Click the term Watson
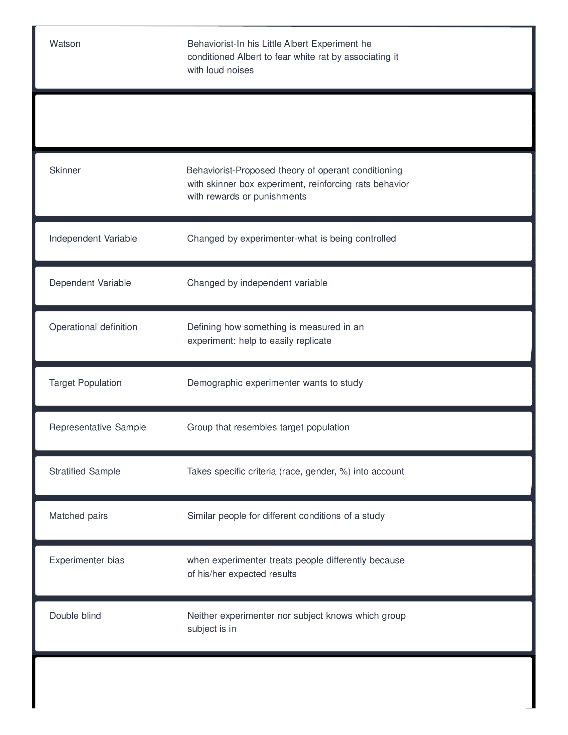[x=65, y=44]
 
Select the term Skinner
[x=65, y=170]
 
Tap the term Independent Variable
[x=93, y=239]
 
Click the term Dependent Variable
[x=90, y=283]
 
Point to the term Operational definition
[x=93, y=327]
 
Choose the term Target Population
[x=85, y=383]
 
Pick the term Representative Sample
[x=98, y=427]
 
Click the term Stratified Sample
[x=85, y=471]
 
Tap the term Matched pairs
[x=79, y=516]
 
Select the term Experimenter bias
[x=87, y=560]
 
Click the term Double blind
[x=75, y=616]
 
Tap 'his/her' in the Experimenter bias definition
[x=211, y=574]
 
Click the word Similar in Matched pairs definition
[x=201, y=516]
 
